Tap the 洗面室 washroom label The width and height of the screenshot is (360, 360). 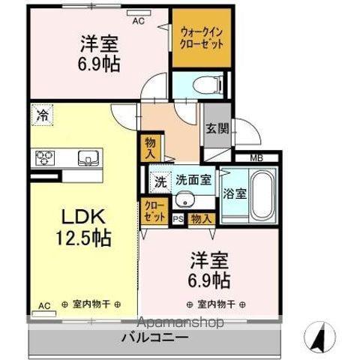click(x=193, y=180)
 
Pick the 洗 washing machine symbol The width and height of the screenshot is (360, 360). click(x=160, y=181)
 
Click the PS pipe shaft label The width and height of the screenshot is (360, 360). click(x=178, y=219)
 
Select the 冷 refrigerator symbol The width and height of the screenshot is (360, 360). click(x=42, y=116)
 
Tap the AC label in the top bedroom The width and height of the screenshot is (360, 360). click(x=138, y=21)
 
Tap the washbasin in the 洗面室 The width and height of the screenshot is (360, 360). click(x=184, y=201)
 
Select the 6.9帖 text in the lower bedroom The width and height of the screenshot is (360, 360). click(x=209, y=280)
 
